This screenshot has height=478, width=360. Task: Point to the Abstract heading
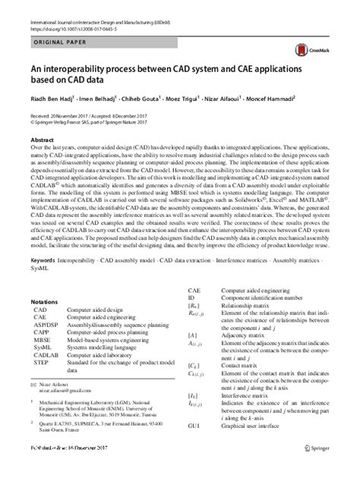(43, 141)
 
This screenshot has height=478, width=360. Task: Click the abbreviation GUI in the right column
(194, 448)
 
